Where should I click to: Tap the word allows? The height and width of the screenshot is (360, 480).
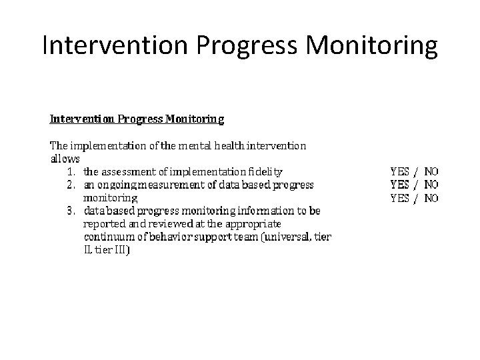click(x=65, y=159)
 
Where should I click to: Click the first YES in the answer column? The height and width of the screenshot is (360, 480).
click(x=399, y=171)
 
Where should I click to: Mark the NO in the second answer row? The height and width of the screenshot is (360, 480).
click(x=431, y=185)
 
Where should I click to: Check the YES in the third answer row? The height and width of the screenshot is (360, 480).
click(x=399, y=198)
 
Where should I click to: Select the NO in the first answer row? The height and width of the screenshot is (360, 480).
click(x=431, y=171)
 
